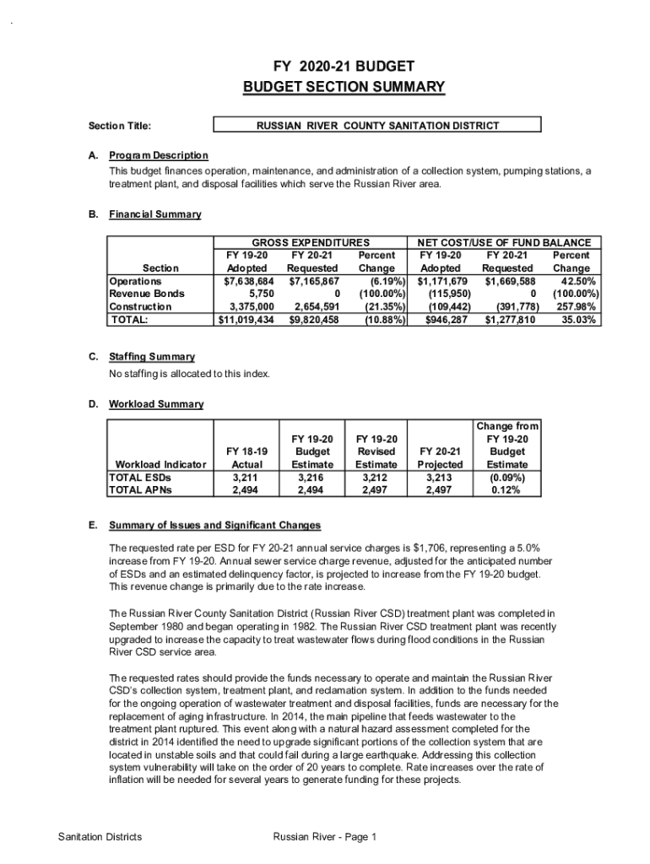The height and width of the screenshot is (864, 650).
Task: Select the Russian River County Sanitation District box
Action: coord(377,126)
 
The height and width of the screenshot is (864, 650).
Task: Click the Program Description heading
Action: coord(158,155)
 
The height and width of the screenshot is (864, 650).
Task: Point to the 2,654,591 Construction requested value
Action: coord(314,307)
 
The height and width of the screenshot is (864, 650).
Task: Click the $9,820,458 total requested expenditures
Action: coord(314,321)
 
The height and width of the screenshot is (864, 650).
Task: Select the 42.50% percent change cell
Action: coord(572,281)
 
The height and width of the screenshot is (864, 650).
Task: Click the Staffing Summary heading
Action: coord(152,357)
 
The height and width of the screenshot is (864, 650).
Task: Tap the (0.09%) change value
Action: coord(507,477)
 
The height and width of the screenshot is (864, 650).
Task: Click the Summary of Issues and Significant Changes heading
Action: coord(214,526)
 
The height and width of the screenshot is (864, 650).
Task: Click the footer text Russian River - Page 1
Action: coord(324,837)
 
